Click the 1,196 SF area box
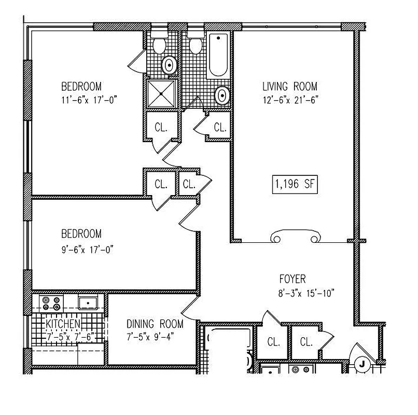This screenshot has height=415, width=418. (294, 184)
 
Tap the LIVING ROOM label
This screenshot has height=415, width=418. (289, 87)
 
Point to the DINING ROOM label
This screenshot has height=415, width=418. (155, 324)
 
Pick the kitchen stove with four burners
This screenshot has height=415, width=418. (51, 301)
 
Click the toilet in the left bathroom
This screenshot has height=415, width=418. (158, 45)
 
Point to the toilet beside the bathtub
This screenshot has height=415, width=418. (195, 45)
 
